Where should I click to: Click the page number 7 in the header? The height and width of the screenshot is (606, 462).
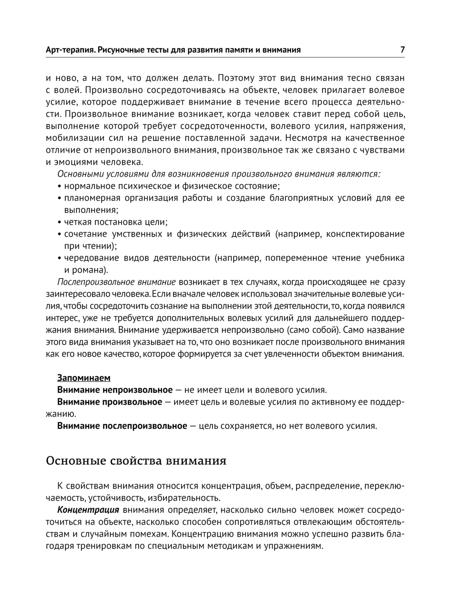[x=402, y=49]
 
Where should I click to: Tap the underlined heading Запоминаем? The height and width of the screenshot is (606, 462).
[x=84, y=377]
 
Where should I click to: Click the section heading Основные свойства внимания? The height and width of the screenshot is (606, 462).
[x=136, y=461]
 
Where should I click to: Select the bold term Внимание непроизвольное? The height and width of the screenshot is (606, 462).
[x=115, y=389]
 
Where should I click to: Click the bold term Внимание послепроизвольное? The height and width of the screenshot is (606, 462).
[x=122, y=425]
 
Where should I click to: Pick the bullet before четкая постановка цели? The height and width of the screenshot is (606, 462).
[x=60, y=222]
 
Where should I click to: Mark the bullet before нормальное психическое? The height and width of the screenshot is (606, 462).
[x=60, y=186]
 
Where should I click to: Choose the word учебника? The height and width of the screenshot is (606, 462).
[x=385, y=258]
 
